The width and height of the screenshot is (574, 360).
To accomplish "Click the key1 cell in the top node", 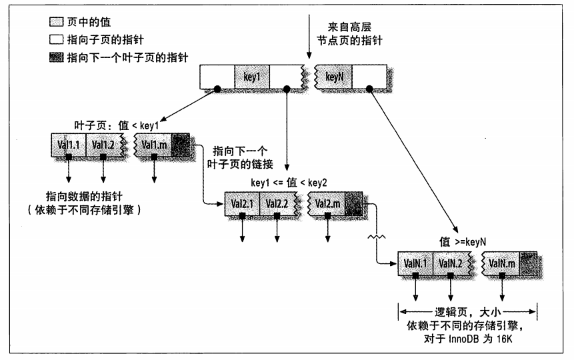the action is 252,77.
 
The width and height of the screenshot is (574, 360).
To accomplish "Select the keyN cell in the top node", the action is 333,77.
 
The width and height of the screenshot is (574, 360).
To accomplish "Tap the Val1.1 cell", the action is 69,145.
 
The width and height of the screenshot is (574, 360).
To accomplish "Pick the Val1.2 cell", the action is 103,145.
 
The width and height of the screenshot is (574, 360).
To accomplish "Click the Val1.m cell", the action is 153,145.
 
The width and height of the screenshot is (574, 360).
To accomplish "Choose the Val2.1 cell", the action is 242,203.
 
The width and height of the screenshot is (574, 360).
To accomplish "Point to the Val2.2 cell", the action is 277,203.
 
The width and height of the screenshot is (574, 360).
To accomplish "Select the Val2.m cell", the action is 327,203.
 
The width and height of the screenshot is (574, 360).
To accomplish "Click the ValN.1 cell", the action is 415,263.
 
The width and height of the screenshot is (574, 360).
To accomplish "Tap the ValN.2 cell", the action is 451,263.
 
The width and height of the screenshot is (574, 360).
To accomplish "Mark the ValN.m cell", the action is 501,263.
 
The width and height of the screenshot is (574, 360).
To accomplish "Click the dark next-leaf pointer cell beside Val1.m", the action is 181,145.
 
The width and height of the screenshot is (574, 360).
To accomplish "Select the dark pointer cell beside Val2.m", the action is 353,203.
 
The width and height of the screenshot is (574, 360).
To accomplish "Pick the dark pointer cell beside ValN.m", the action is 528,263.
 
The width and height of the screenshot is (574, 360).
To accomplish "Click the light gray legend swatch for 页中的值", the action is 57,22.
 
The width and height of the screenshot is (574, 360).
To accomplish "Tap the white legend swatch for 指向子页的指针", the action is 57,39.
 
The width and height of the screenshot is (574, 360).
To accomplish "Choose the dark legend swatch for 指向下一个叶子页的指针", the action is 57,57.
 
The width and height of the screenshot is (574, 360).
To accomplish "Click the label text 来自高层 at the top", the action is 349,27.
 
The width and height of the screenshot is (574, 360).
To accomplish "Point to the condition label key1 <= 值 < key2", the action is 289,183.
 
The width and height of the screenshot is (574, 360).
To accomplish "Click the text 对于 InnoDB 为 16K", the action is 468,339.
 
